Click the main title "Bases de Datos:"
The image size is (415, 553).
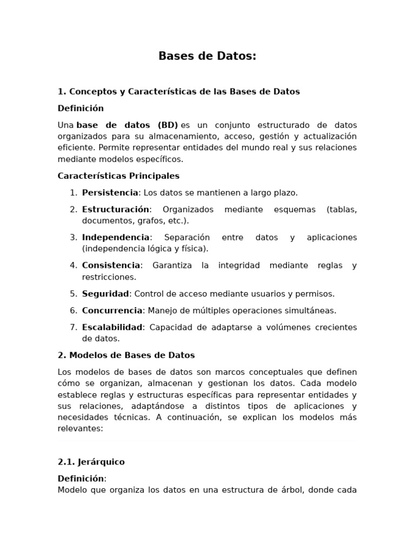coord(207,57)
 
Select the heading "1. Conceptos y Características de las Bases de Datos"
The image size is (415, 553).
coord(179,91)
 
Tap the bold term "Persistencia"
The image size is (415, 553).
coord(110,193)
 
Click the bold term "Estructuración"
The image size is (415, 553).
coord(116,210)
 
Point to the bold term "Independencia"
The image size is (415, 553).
coord(116,238)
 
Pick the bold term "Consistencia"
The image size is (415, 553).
coord(111,266)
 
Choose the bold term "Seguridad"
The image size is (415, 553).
coord(105,294)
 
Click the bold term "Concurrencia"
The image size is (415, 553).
coord(112,311)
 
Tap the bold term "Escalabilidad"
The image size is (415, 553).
coord(112,327)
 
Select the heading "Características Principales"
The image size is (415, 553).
coord(119,176)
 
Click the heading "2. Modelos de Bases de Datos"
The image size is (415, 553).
coord(126,355)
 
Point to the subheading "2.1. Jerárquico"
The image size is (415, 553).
coord(91,462)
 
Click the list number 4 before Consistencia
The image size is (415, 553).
coord(73,266)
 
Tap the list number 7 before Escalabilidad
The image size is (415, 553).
coord(73,327)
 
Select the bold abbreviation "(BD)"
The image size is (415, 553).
coord(168,125)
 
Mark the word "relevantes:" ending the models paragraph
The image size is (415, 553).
coord(80,429)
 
